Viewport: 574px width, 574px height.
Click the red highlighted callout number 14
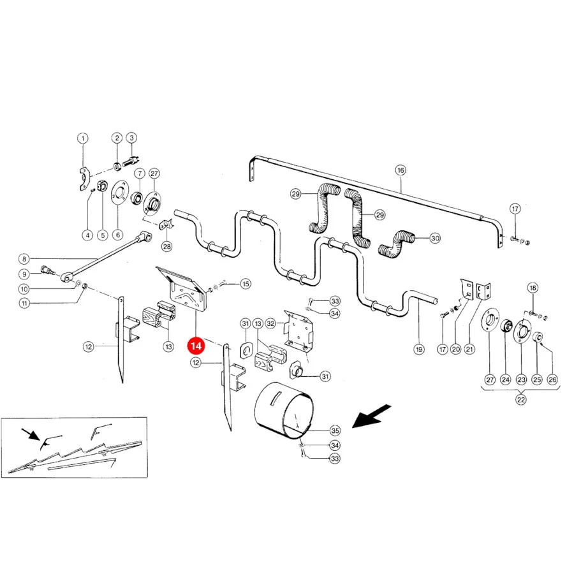[196, 346]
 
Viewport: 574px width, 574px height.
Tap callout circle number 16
[401, 170]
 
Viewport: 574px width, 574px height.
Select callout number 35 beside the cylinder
[335, 430]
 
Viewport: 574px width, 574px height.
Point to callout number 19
[419, 350]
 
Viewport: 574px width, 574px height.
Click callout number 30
[435, 239]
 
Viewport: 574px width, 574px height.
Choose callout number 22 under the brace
[521, 400]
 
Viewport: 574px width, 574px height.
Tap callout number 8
[24, 259]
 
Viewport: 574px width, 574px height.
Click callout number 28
[167, 246]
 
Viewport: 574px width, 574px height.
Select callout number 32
[270, 323]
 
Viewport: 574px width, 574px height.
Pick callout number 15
[246, 284]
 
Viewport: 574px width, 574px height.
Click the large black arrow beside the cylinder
[371, 416]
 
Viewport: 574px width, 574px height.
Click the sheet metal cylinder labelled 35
[284, 410]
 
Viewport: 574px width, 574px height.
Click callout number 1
[83, 138]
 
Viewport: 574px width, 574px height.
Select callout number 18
[533, 288]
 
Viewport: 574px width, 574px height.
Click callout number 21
[469, 350]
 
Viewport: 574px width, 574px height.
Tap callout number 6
[117, 235]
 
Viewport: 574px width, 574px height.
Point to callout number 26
[552, 379]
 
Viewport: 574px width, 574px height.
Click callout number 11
[24, 304]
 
